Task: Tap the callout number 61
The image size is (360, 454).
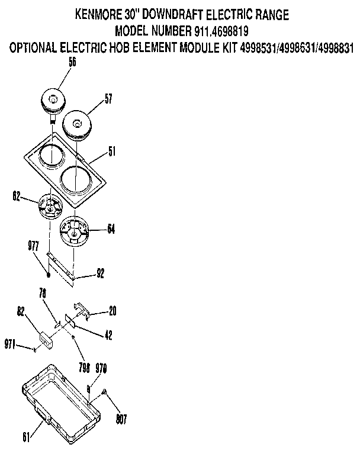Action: tap(26, 438)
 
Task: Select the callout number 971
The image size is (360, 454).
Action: tap(9, 344)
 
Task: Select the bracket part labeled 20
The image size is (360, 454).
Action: tap(81, 308)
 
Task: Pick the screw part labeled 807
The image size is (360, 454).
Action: tap(103, 392)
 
